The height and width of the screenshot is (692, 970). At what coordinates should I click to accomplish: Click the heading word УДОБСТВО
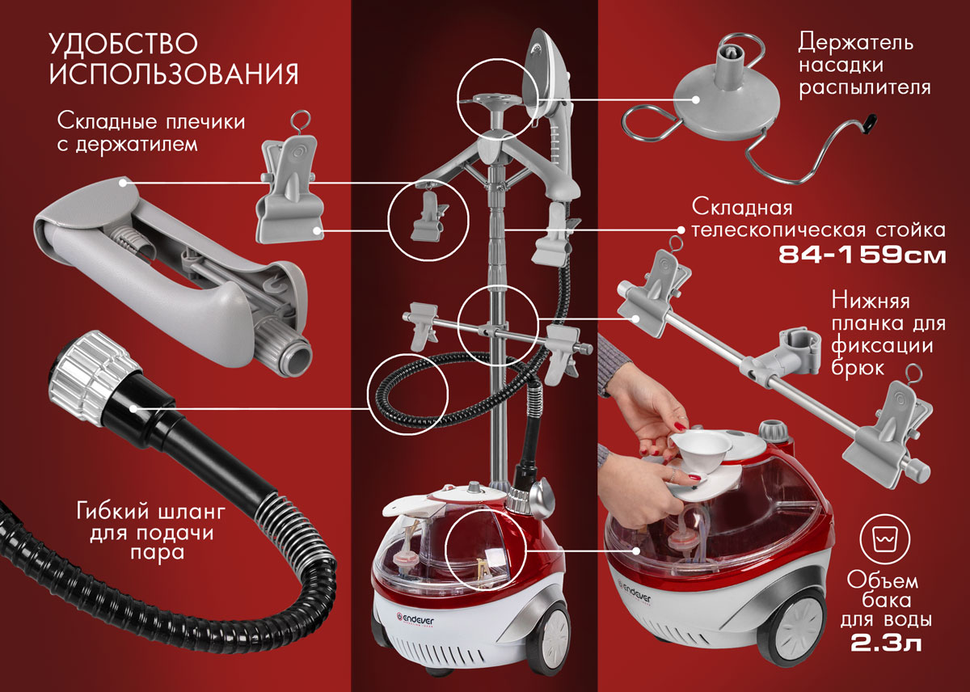coord(124,44)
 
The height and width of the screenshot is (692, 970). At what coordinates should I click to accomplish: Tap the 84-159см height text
coord(862,255)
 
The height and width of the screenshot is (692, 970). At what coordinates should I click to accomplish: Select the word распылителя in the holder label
coord(864,88)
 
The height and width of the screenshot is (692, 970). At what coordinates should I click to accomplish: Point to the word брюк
coord(857,369)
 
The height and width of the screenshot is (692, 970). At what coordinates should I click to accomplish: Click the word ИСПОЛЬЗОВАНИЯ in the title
coord(174,74)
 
